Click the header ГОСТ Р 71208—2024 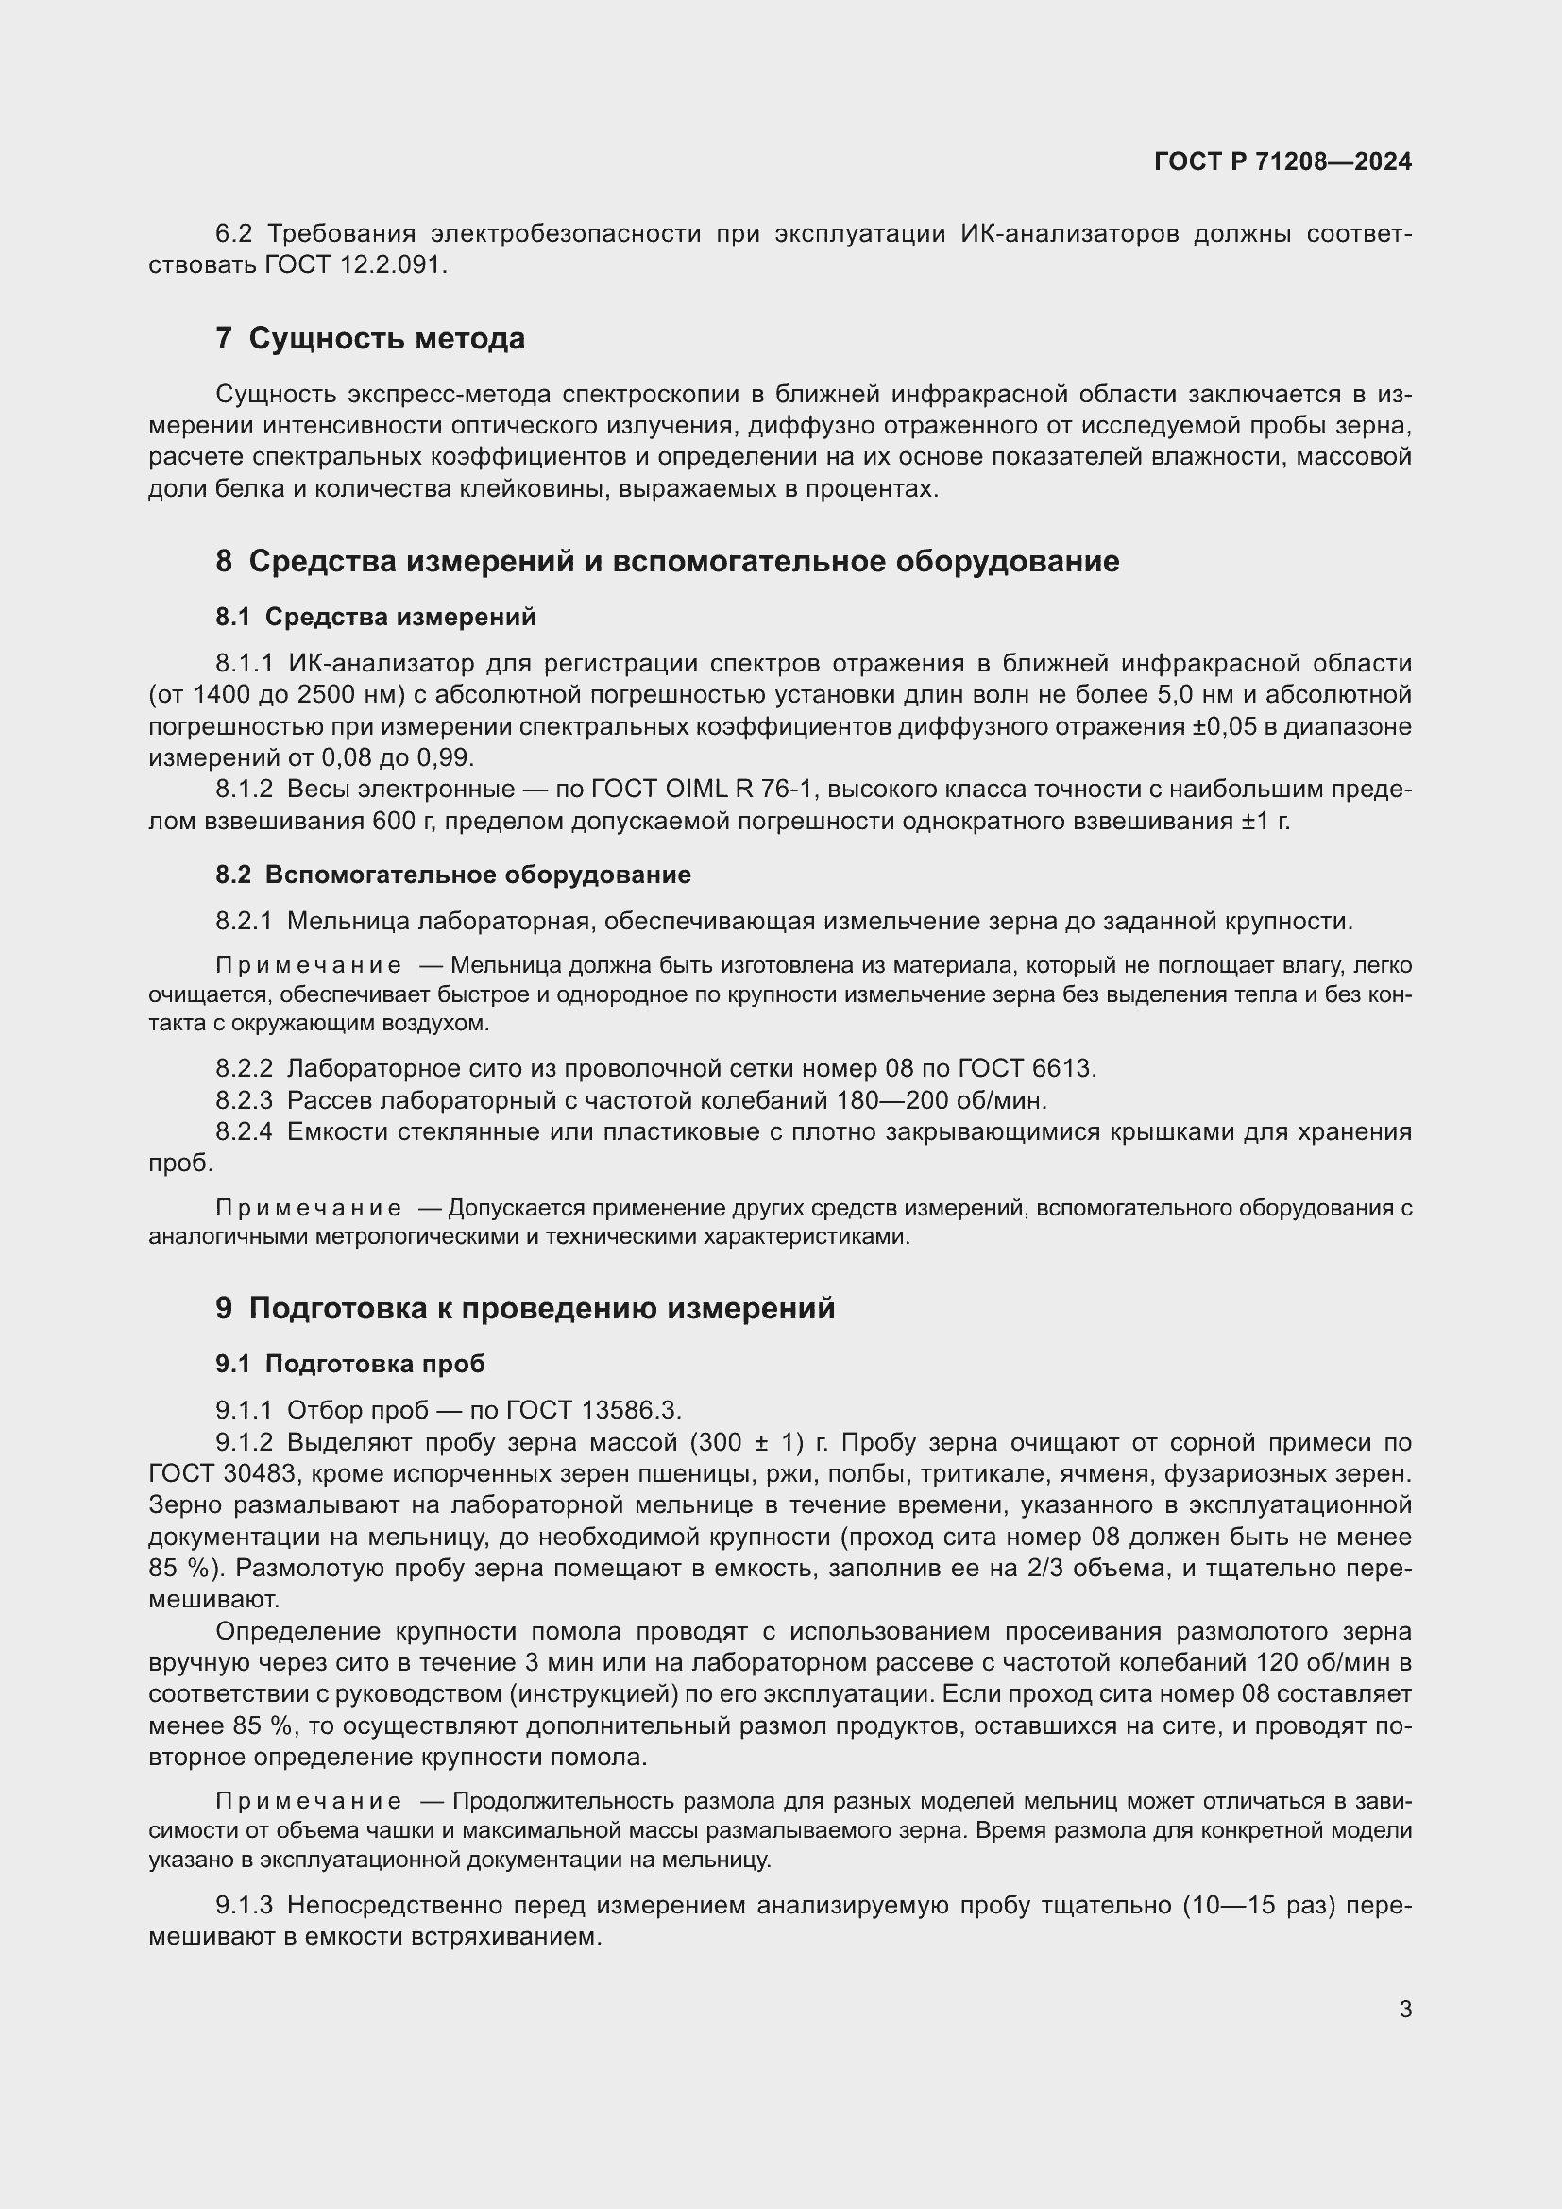coord(1282,161)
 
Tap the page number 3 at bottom coord(1405,2009)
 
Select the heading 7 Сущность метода coord(370,339)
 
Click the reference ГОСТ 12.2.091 coord(355,264)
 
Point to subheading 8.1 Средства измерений coord(375,617)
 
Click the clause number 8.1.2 coord(245,790)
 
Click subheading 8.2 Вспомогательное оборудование coord(453,875)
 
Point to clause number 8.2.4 coord(245,1131)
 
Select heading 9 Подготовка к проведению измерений coord(525,1308)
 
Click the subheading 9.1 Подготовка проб coord(350,1364)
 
